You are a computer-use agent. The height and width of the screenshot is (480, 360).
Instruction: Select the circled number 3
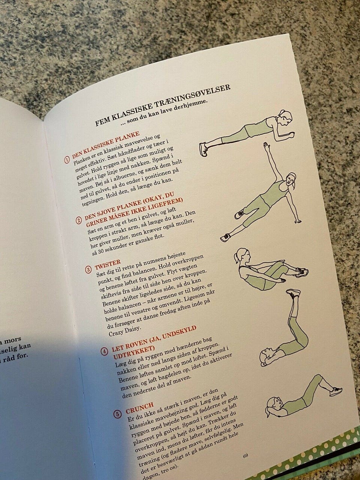pos(88,270)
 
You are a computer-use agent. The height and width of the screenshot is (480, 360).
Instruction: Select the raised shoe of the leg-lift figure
pos(293,292)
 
